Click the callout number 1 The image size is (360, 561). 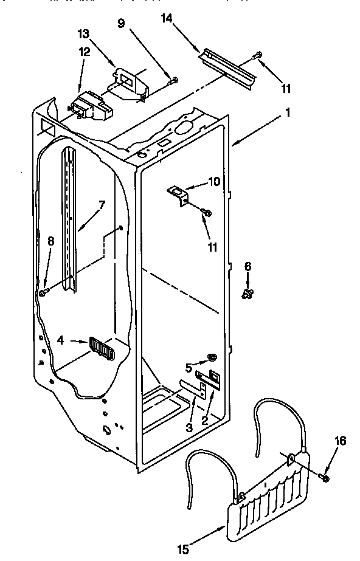tap(288, 112)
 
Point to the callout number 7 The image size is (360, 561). tap(102, 205)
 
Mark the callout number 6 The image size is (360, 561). tap(247, 266)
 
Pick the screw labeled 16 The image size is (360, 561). tap(324, 479)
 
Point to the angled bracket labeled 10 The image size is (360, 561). tap(179, 196)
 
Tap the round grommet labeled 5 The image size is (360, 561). tap(212, 356)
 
